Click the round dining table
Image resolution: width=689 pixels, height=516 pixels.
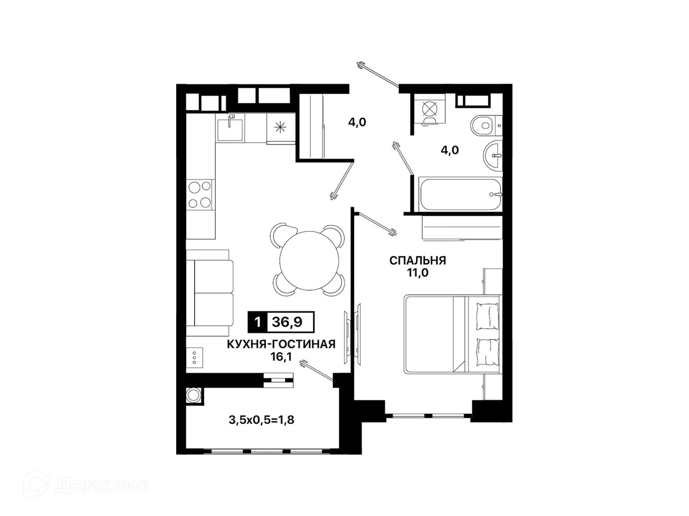[309, 260]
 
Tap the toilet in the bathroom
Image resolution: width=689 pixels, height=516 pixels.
[486, 126]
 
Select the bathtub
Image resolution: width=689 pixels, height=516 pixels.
[460, 194]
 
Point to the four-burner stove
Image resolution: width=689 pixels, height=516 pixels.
[200, 194]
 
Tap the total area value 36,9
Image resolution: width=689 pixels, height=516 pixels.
[287, 322]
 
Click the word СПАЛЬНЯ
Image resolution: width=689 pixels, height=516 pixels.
[418, 260]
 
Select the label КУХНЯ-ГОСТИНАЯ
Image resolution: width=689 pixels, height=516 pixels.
[281, 344]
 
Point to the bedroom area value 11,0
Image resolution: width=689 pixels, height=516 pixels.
[418, 273]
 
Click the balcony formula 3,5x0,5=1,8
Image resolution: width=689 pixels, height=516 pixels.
[261, 420]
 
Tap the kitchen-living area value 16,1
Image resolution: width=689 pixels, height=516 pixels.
[281, 357]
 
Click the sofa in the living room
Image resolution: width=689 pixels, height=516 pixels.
[210, 293]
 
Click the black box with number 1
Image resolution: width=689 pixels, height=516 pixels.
[257, 322]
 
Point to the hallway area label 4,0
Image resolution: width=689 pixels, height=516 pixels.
[357, 122]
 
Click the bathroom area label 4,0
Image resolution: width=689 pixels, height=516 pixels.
[449, 150]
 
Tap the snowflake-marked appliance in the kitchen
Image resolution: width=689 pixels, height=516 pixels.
[280, 128]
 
